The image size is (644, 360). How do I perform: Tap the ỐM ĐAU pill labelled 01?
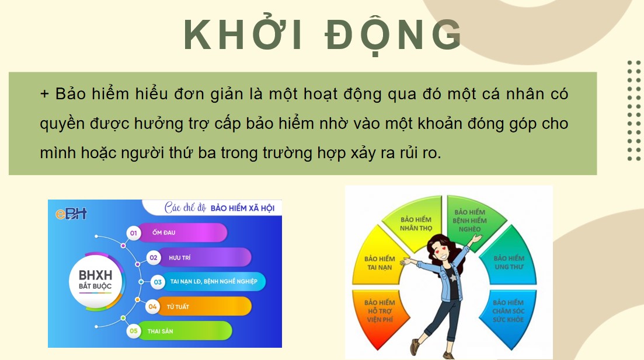pyautogui.click(x=181, y=233)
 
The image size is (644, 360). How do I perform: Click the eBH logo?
pyautogui.click(x=71, y=214)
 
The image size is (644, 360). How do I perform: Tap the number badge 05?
pyautogui.click(x=134, y=331)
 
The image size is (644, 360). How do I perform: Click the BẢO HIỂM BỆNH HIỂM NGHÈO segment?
pyautogui.click(x=470, y=219)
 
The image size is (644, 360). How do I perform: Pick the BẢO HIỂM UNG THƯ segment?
pyautogui.click(x=509, y=262)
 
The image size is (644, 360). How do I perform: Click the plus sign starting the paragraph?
pyautogui.click(x=45, y=94)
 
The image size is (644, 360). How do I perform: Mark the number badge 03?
pyautogui.click(x=158, y=282)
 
